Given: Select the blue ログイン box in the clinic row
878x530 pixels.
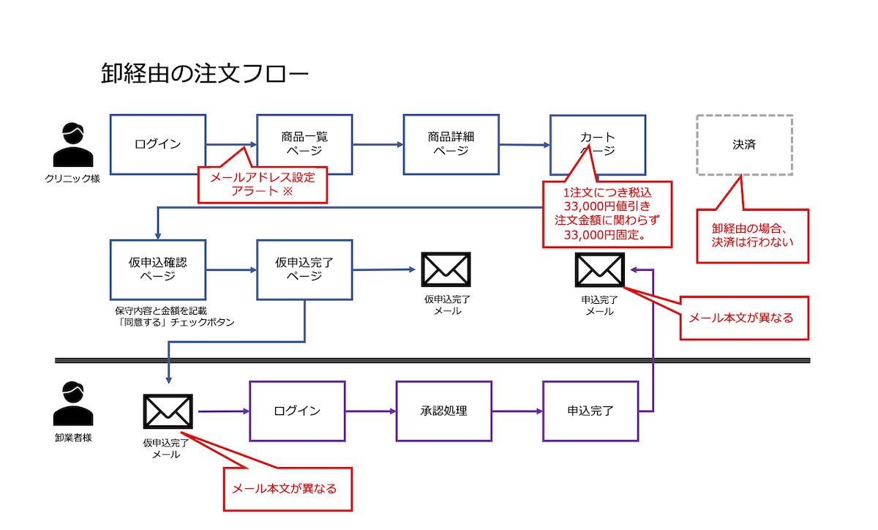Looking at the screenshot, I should [x=157, y=144].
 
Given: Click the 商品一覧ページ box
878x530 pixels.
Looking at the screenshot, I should [x=304, y=144].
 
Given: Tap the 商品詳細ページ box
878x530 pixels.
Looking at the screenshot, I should [x=451, y=144].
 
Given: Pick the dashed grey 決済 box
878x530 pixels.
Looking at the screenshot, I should [x=744, y=145].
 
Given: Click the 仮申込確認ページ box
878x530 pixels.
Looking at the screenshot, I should [x=157, y=269].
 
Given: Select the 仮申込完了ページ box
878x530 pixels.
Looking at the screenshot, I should [x=304, y=269].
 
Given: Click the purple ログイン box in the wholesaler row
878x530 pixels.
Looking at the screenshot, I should [x=297, y=411].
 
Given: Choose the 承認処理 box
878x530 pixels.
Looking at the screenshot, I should [x=443, y=411].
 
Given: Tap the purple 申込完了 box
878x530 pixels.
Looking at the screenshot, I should [x=590, y=411].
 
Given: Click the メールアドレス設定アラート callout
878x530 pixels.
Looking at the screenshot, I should [x=263, y=184].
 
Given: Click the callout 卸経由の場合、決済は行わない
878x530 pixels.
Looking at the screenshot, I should [x=753, y=235].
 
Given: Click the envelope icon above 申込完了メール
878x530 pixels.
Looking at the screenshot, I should [x=600, y=269].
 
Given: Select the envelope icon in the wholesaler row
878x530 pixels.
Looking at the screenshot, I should [x=168, y=411].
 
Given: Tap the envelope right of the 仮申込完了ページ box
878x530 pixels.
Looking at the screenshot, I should [x=446, y=269].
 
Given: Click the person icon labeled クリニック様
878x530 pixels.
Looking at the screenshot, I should [x=73, y=147].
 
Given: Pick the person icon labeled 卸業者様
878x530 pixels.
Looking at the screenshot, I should [x=73, y=404].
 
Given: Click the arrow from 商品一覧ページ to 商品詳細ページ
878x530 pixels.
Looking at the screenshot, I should [x=378, y=145].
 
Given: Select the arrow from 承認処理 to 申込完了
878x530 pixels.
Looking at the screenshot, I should [x=517, y=411].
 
